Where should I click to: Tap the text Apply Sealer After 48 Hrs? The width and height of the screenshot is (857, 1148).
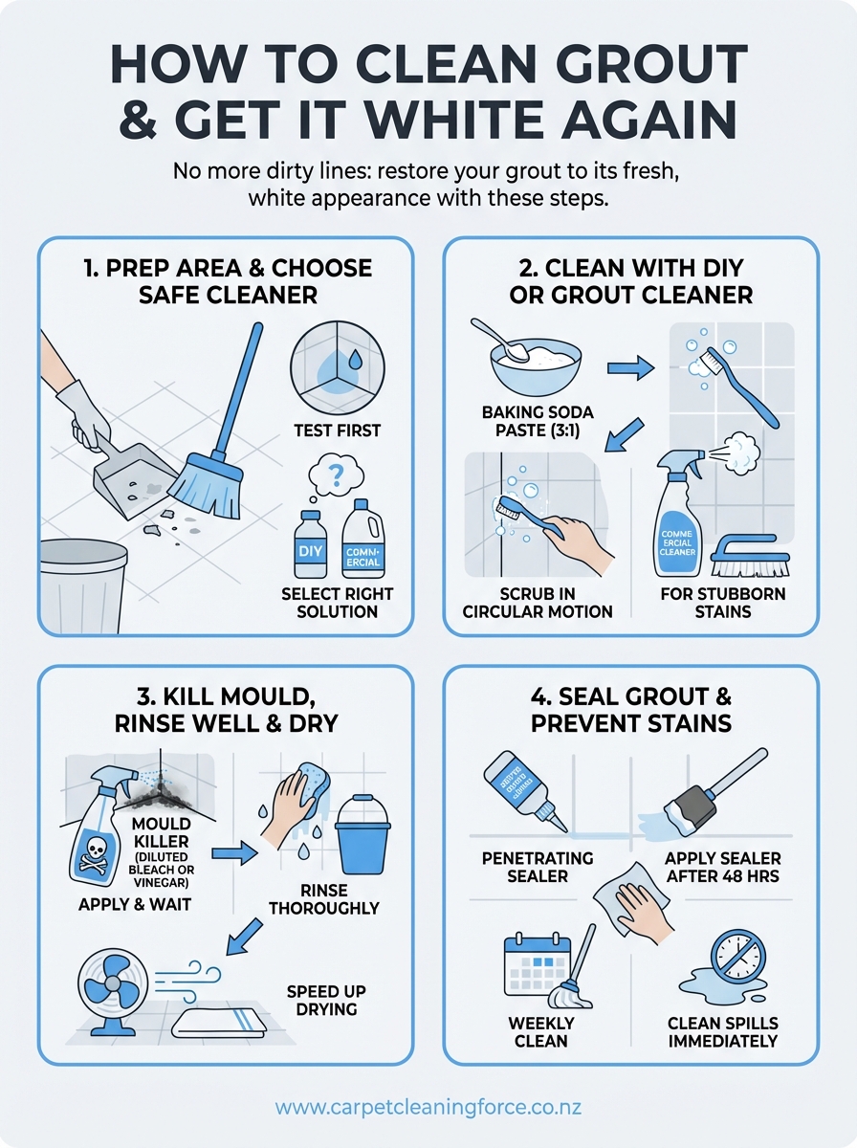point(722,867)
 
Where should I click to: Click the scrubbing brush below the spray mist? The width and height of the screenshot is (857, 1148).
point(753,555)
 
